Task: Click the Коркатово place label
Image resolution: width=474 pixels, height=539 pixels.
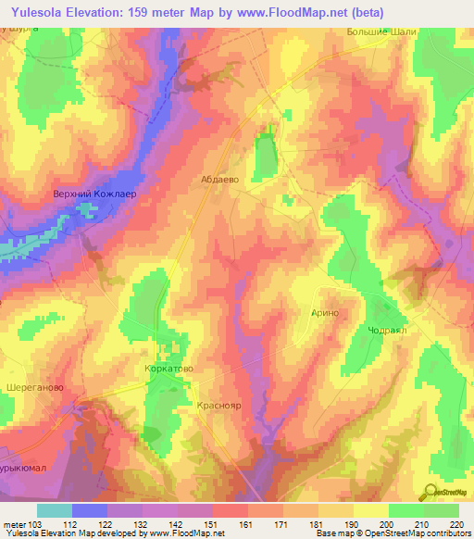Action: pyautogui.click(x=168, y=368)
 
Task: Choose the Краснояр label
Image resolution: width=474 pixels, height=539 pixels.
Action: pyautogui.click(x=220, y=406)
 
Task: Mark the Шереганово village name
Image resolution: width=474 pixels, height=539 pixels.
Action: pyautogui.click(x=35, y=388)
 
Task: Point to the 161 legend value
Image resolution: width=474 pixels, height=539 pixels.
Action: pyautogui.click(x=246, y=524)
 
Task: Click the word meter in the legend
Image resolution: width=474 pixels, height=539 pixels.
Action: pyautogui.click(x=13, y=524)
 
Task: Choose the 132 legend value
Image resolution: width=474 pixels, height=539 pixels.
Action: pyautogui.click(x=142, y=524)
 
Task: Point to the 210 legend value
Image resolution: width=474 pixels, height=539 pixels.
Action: pyautogui.click(x=422, y=524)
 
